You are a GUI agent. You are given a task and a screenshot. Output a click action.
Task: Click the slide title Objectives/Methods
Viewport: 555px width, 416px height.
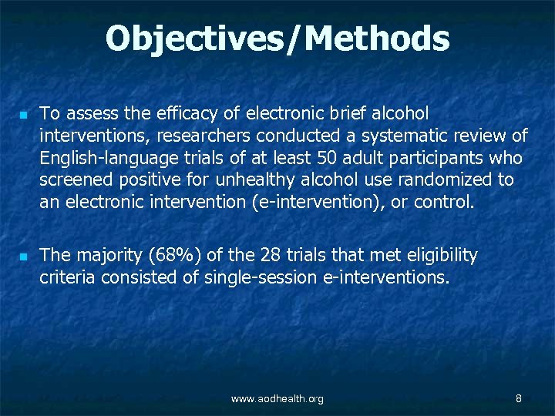pos(277,39)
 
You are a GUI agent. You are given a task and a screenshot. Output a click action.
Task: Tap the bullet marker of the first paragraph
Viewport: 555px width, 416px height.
pos(24,115)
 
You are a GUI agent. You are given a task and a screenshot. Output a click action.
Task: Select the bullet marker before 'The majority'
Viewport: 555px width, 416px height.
pos(24,256)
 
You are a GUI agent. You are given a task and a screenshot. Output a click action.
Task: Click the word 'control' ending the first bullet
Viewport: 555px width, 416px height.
pos(442,203)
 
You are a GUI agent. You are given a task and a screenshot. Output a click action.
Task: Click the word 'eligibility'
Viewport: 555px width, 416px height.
pos(437,255)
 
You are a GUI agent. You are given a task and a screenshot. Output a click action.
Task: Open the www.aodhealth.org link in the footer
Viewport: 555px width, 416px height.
pos(277,398)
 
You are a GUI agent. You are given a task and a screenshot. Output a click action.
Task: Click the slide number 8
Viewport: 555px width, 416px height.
pos(519,398)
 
